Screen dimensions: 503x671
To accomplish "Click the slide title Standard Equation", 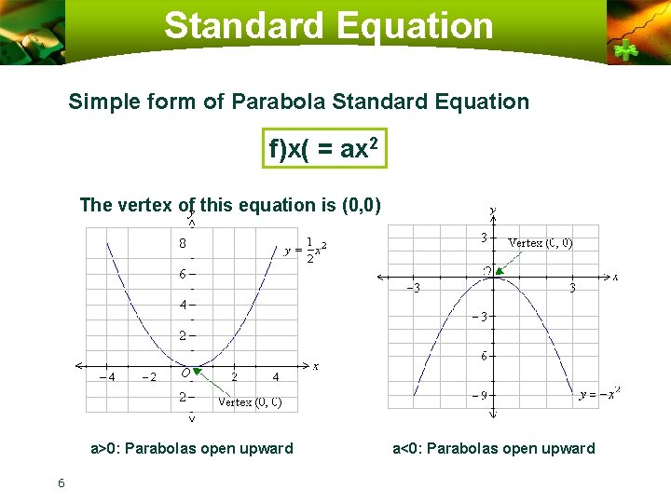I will point(329,25).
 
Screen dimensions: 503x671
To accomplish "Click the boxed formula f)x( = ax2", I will point(323,148).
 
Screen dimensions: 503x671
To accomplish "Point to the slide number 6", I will point(61,482).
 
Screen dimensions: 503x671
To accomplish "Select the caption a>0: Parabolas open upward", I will point(191,449).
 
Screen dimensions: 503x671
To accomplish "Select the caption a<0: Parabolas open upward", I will point(493,449).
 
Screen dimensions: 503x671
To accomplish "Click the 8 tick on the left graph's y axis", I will point(183,243).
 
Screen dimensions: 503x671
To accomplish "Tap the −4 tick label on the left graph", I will point(106,377).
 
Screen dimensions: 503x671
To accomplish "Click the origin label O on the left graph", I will point(186,373).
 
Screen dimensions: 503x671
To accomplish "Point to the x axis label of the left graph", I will point(316,366).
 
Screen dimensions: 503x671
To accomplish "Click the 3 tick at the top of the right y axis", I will point(484,238).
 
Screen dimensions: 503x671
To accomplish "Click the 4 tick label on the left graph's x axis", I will point(275,377).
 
